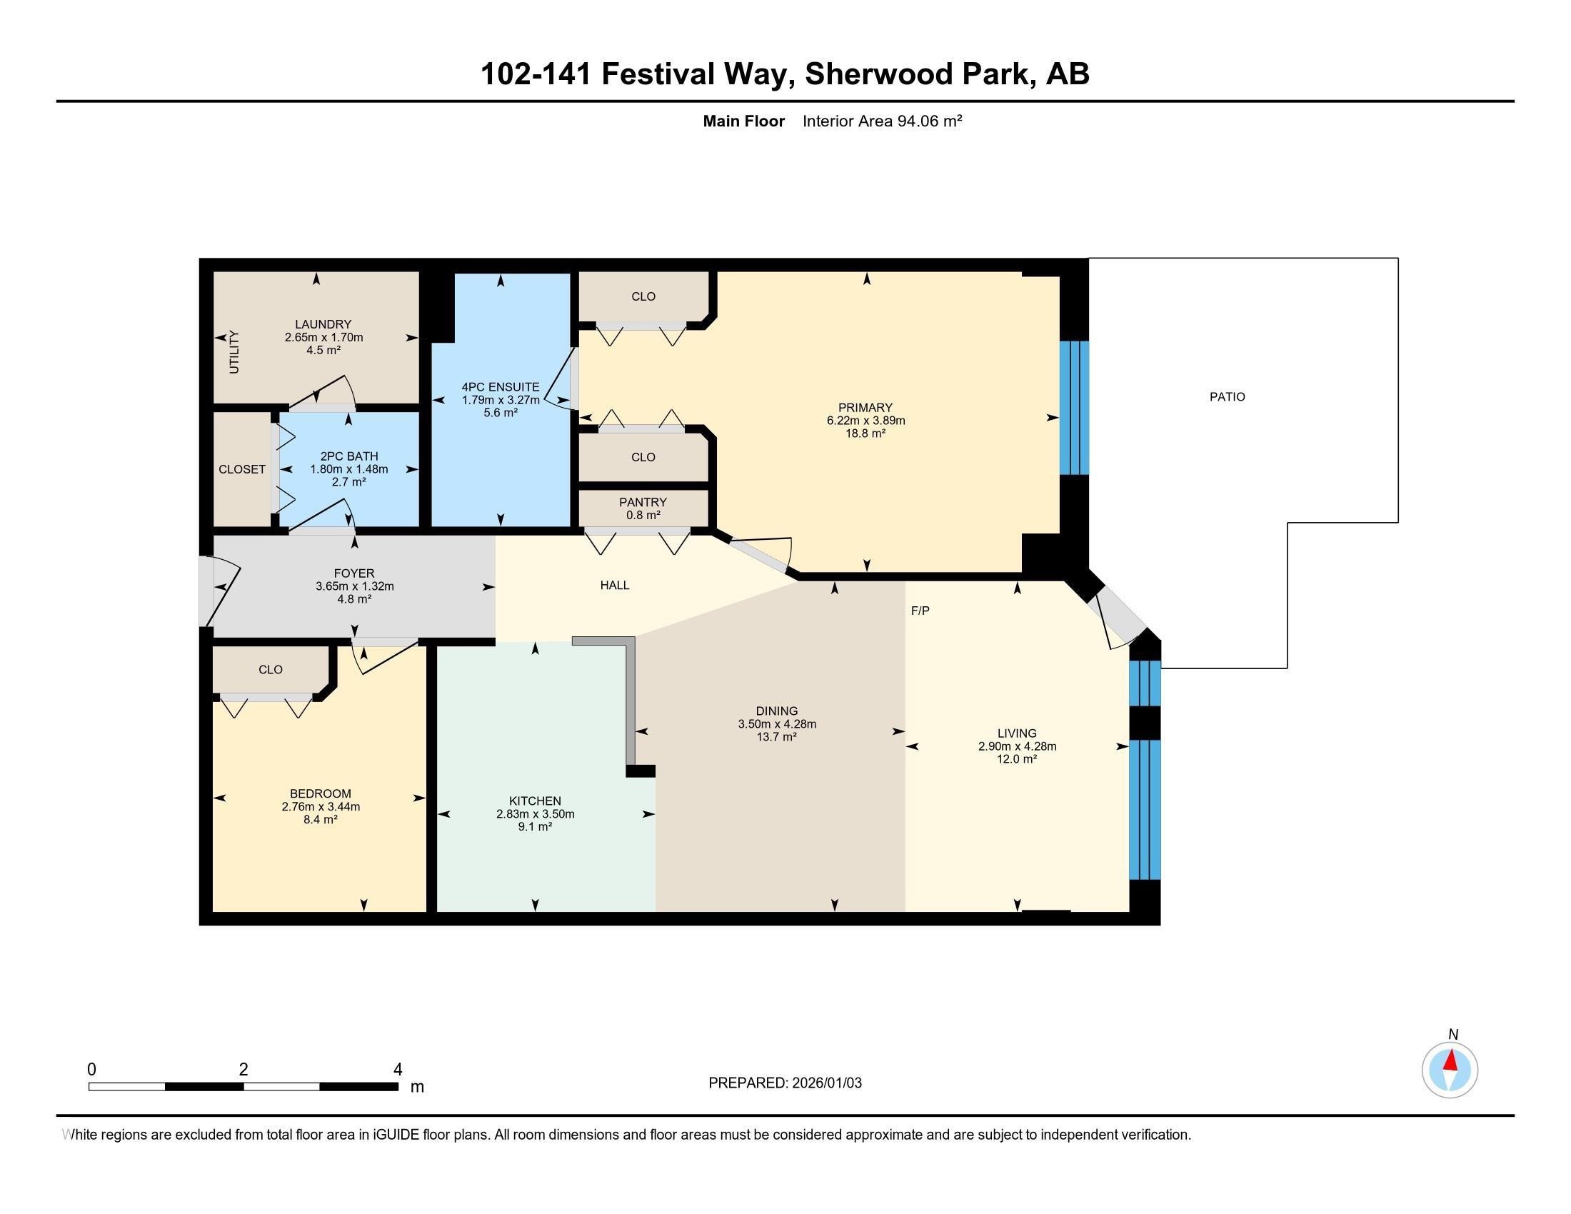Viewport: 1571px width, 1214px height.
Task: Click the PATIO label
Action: [x=1227, y=396]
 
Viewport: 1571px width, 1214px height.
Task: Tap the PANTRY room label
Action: [x=643, y=502]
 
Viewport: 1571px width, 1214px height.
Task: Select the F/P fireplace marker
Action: [x=920, y=611]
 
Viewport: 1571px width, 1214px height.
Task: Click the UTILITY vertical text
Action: [x=234, y=351]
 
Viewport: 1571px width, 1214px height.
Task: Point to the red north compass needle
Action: [x=1451, y=1060]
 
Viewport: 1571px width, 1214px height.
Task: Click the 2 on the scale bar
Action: [x=244, y=1070]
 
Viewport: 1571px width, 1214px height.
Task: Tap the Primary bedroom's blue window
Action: [x=1075, y=408]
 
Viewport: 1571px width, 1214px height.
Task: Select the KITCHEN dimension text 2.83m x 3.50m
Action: [x=535, y=814]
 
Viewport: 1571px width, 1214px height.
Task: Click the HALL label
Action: [x=615, y=586]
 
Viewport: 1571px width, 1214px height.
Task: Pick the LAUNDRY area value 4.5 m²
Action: [x=323, y=350]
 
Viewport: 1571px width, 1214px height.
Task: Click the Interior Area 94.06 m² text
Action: [x=883, y=121]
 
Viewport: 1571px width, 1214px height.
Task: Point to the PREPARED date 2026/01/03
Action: [x=825, y=1083]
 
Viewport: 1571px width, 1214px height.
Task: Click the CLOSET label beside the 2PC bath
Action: [x=242, y=469]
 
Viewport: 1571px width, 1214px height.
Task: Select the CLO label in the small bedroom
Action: [x=271, y=670]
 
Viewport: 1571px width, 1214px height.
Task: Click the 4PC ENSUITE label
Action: [x=501, y=387]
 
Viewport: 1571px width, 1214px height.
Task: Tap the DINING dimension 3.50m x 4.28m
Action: [x=777, y=724]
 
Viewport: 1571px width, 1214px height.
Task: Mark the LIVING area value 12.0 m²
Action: [x=1017, y=758]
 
